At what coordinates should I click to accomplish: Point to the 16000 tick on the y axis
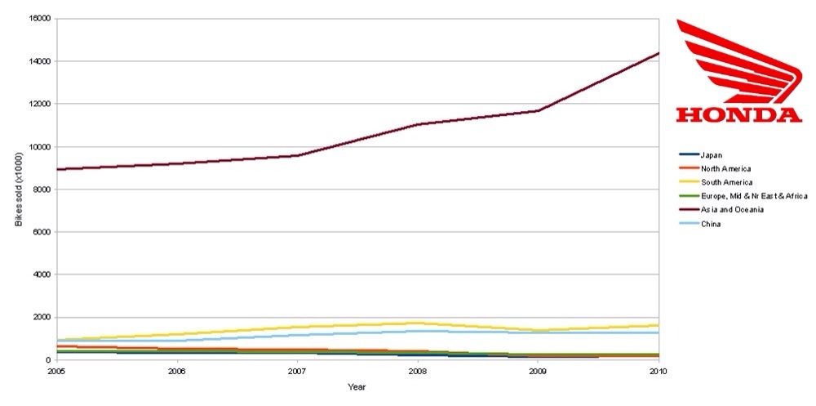coord(42,19)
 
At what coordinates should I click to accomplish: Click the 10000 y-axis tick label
coord(42,147)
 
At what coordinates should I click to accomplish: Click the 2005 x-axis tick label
coord(57,371)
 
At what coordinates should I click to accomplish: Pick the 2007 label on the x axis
coord(298,371)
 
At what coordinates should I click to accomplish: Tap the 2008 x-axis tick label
coord(418,371)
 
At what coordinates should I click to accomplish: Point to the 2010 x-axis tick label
coord(659,371)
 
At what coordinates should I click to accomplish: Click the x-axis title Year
coord(357,387)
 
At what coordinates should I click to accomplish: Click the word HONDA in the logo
coord(739,114)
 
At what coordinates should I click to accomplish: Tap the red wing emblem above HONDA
coord(739,61)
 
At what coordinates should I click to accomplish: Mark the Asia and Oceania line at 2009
coord(538,110)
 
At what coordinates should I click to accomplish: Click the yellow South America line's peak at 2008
coord(418,323)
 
